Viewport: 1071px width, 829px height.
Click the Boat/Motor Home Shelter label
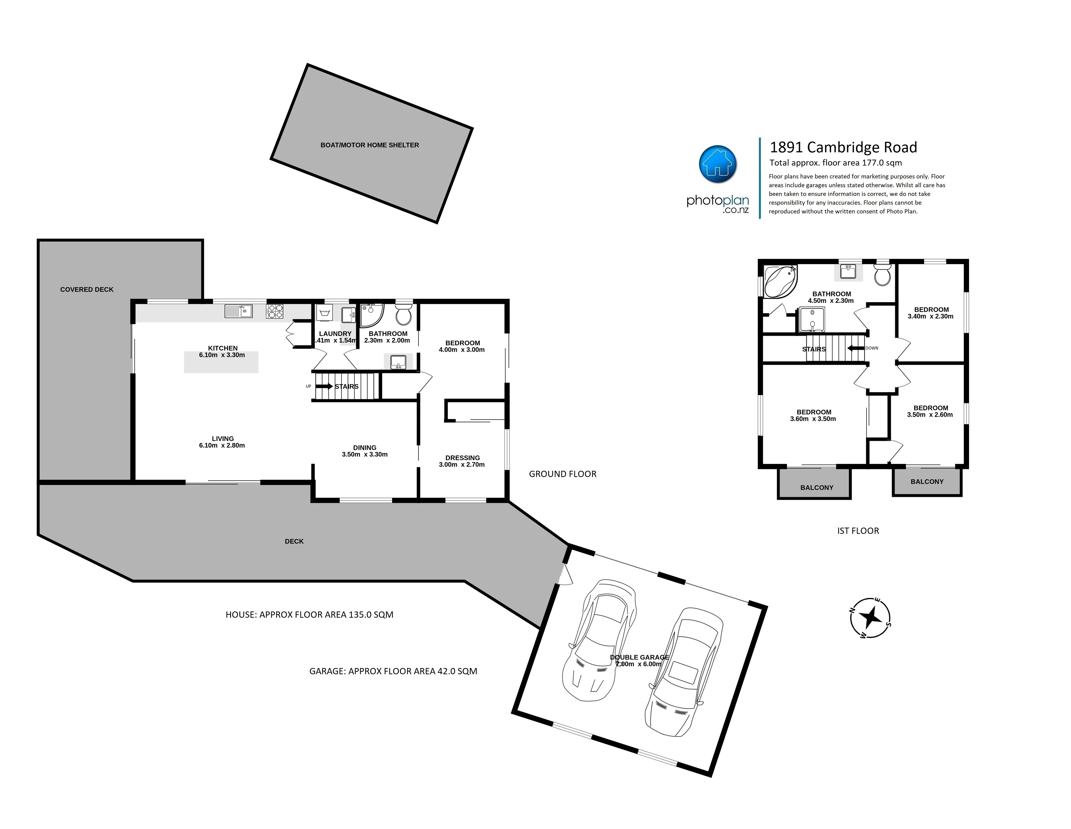pos(370,145)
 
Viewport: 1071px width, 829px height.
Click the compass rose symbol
pos(870,618)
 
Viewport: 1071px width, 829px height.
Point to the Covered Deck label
pos(87,290)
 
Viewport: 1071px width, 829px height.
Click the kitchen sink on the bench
pos(238,311)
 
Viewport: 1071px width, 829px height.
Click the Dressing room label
pos(462,458)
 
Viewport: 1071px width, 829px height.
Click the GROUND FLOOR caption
pos(563,474)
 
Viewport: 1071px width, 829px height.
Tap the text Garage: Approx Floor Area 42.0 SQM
pos(393,671)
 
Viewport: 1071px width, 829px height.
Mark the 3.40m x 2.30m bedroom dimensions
pos(931,316)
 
